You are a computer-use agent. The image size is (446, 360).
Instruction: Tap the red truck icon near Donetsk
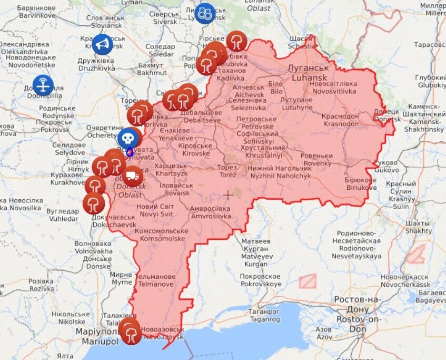(x=133, y=176)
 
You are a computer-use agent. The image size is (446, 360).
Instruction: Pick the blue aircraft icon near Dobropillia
(x=43, y=85)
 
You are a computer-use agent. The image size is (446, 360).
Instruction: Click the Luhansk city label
(x=308, y=73)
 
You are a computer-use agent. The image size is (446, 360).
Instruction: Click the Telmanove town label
(x=155, y=280)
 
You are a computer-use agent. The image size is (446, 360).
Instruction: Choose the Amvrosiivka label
(x=211, y=212)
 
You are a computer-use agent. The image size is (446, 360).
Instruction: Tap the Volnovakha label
(x=93, y=247)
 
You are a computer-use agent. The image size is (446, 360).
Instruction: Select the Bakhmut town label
(x=151, y=69)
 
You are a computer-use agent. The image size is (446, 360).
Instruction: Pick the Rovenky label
(x=316, y=160)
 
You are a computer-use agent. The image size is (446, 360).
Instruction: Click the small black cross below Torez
(x=227, y=195)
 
